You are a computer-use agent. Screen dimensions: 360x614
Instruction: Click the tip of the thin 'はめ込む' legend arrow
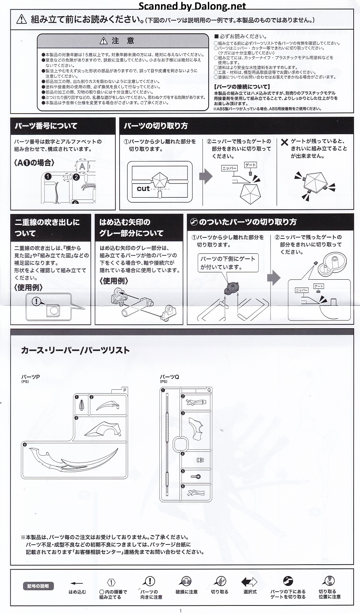point(71,583)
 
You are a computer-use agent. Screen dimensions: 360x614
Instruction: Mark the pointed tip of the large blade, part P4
point(118,448)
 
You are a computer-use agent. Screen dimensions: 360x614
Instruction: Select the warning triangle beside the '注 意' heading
point(103,41)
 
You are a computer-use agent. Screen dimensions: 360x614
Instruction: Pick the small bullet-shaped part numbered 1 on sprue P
point(82,405)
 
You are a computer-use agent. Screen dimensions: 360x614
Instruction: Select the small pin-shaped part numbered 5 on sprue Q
point(196,477)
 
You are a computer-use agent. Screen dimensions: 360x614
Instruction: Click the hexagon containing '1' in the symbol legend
point(111,583)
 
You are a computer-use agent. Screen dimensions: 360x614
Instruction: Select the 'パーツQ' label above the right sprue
point(169,377)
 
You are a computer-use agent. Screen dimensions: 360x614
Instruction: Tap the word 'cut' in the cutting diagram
point(143,188)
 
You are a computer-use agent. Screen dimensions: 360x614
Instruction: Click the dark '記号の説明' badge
point(38,586)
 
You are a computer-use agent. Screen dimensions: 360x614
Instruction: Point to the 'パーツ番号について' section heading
point(46,126)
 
